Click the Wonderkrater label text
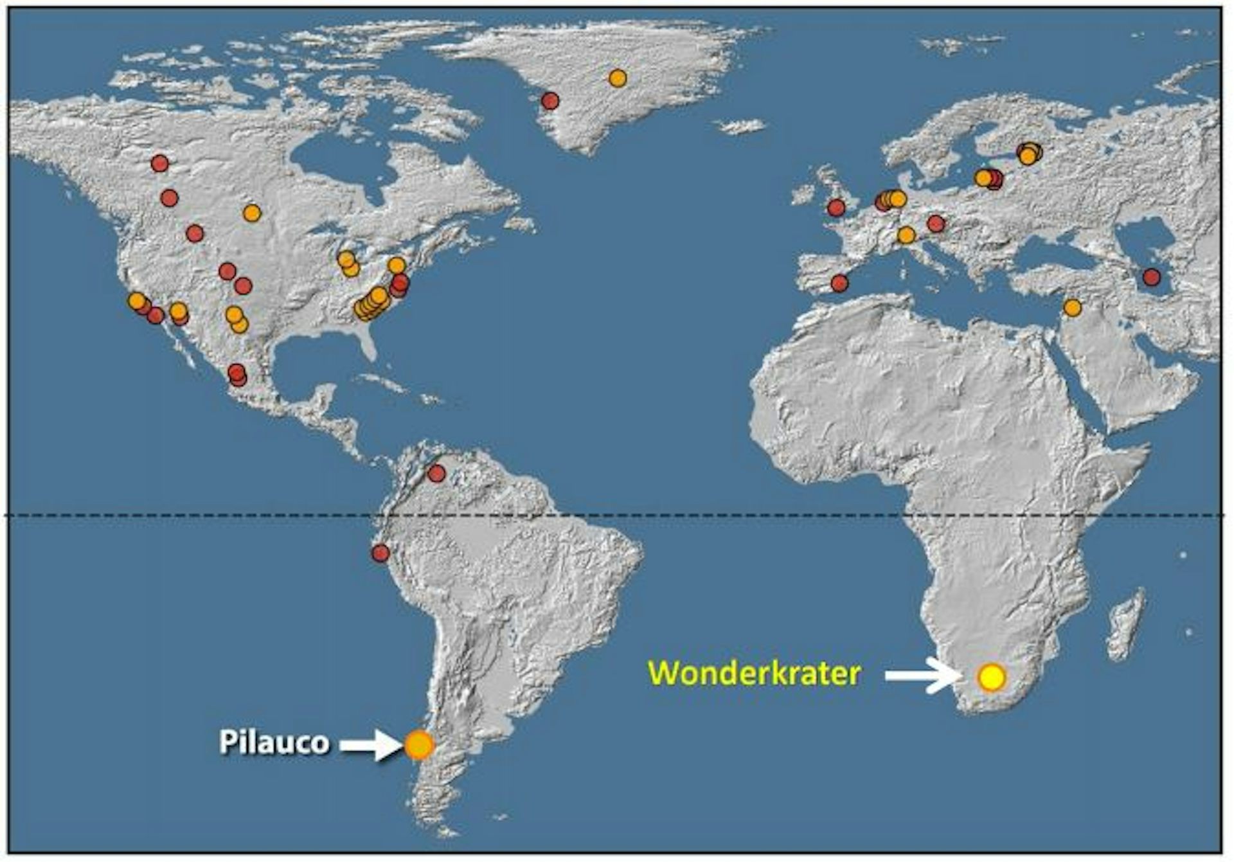tap(754, 674)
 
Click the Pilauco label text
tap(274, 742)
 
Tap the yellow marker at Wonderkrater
tap(991, 677)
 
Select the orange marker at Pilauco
tap(419, 745)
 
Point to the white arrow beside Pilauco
tap(369, 745)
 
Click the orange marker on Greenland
tap(617, 78)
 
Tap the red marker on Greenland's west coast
tap(550, 101)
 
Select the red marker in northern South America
tap(436, 474)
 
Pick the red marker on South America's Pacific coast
tap(380, 553)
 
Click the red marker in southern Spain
tap(839, 283)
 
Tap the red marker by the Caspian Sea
tap(1151, 278)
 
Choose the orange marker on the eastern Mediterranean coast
tap(1072, 308)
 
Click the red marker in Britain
tap(836, 208)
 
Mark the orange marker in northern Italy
tap(906, 235)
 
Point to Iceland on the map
tap(742, 125)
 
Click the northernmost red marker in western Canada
tap(159, 163)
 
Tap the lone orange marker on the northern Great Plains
tap(252, 213)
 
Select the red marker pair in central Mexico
tap(237, 374)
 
